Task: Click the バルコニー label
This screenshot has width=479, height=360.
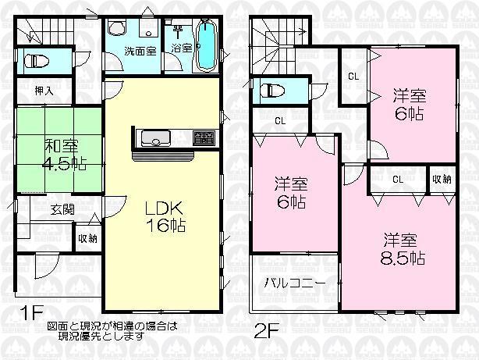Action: [x=294, y=281]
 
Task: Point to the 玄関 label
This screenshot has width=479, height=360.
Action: [x=63, y=209]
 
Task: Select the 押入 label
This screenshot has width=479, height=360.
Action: [x=44, y=91]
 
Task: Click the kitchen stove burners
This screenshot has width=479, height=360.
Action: [x=203, y=138]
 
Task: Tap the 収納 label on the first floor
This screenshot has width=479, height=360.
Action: [x=87, y=238]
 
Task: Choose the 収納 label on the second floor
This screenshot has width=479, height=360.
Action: [x=442, y=180]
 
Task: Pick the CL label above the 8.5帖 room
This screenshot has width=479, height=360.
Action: [x=397, y=180]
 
